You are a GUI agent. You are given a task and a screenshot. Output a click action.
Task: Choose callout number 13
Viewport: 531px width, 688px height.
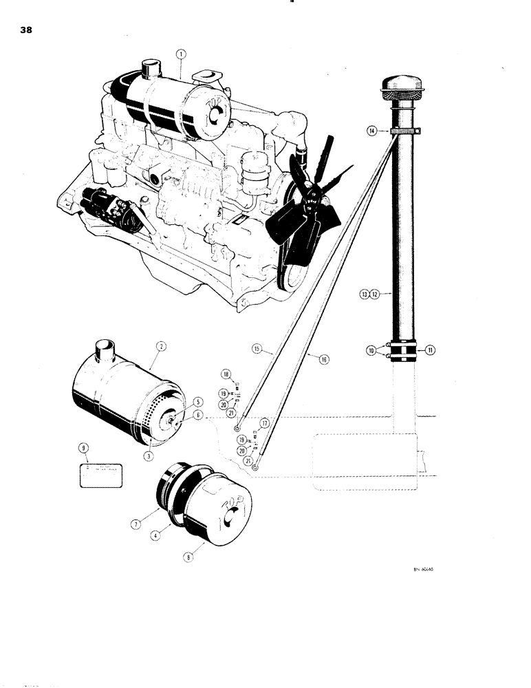(x=364, y=294)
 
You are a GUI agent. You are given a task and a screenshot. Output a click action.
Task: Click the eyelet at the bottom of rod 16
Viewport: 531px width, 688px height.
(x=255, y=466)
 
